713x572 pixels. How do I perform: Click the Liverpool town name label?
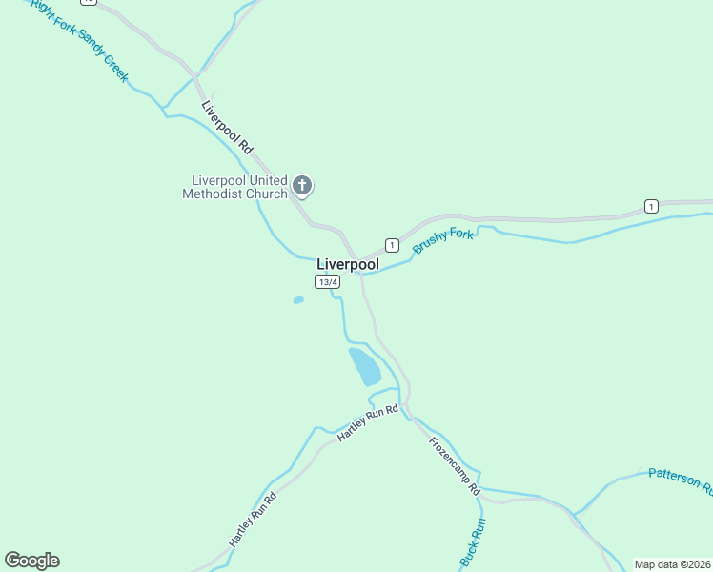pyautogui.click(x=347, y=264)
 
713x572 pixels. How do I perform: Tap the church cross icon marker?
pyautogui.click(x=302, y=186)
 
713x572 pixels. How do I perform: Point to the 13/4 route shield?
pyautogui.click(x=327, y=282)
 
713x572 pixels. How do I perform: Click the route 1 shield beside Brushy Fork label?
pyautogui.click(x=391, y=245)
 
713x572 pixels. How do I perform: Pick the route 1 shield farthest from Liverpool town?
pyautogui.click(x=651, y=206)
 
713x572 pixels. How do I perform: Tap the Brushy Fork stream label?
pyautogui.click(x=443, y=240)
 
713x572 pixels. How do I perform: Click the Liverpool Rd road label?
pyautogui.click(x=228, y=127)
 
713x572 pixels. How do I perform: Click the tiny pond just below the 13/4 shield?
pyautogui.click(x=298, y=300)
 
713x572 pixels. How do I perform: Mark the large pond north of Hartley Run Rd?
pyautogui.click(x=364, y=366)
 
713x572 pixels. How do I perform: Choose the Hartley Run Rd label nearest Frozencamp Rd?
pyautogui.click(x=367, y=423)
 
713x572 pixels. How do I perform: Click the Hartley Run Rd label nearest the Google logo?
pyautogui.click(x=253, y=520)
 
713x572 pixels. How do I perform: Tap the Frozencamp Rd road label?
pyautogui.click(x=454, y=465)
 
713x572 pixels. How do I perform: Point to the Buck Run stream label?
pyautogui.click(x=473, y=544)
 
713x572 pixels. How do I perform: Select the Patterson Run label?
pyautogui.click(x=680, y=480)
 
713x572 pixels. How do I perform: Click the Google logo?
pyautogui.click(x=31, y=561)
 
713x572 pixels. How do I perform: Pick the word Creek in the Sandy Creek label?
pyautogui.click(x=111, y=65)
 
